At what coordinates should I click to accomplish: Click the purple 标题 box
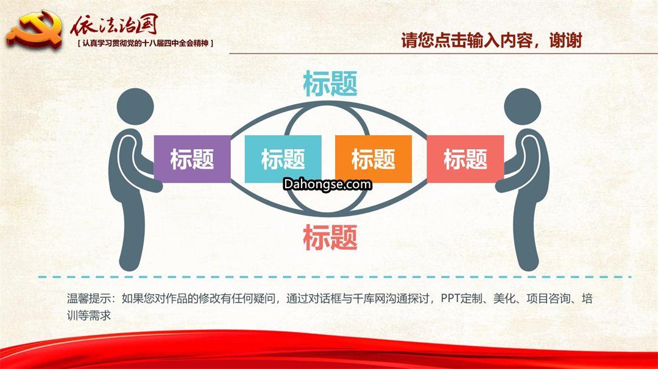(192, 159)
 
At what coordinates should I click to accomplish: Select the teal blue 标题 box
(283, 159)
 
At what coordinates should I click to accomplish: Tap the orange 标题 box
(373, 159)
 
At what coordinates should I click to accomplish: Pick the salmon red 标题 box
(465, 159)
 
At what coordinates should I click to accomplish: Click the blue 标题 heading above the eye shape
(330, 83)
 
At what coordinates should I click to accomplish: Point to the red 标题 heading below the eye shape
(330, 237)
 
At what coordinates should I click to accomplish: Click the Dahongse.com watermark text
(327, 184)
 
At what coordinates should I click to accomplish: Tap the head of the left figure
(135, 106)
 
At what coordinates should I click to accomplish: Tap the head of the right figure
(523, 106)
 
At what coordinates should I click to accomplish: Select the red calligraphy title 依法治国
(114, 25)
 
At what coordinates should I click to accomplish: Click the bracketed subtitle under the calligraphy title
(146, 43)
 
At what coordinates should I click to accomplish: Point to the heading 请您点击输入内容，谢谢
(492, 41)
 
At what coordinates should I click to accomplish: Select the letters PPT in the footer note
(450, 298)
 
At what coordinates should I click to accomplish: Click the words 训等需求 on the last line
(89, 315)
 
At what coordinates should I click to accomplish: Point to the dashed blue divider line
(335, 277)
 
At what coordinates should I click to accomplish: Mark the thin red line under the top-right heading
(443, 54)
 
